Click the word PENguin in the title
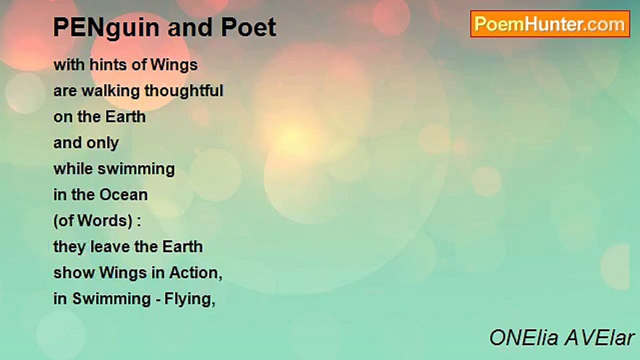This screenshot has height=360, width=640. [x=106, y=28]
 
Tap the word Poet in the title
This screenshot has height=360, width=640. [x=248, y=27]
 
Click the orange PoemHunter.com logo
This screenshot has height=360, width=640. [x=550, y=24]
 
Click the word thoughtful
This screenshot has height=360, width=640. [x=183, y=91]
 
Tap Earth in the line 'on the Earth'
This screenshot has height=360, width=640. [x=125, y=116]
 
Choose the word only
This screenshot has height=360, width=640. [x=102, y=143]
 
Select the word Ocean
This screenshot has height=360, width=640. [x=123, y=195]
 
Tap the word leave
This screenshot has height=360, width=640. [x=110, y=246]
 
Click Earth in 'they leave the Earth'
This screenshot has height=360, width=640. [x=182, y=246]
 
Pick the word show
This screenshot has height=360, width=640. [x=74, y=273]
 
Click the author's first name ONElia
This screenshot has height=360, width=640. [x=524, y=338]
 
